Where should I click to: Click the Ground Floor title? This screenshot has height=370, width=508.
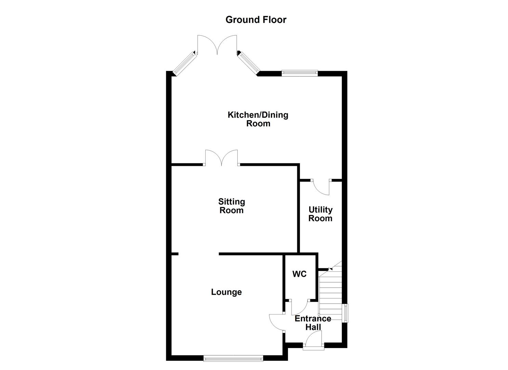pyautogui.click(x=256, y=20)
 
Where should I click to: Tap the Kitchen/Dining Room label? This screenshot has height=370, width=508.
pyautogui.click(x=258, y=119)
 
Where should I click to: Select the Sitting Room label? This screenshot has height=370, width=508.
pyautogui.click(x=232, y=206)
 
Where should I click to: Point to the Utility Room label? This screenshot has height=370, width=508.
pyautogui.click(x=320, y=214)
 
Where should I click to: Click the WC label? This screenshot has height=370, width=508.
pyautogui.click(x=299, y=274)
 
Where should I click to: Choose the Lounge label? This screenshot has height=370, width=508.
pyautogui.click(x=226, y=292)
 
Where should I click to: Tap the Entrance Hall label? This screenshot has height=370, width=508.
pyautogui.click(x=313, y=323)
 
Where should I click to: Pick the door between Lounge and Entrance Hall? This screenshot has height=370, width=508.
pyautogui.click(x=276, y=322)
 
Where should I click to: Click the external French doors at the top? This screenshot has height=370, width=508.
pyautogui.click(x=217, y=45)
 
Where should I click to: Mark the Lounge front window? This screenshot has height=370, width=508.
pyautogui.click(x=233, y=358)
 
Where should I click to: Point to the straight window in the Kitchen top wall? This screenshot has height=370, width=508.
pyautogui.click(x=300, y=73)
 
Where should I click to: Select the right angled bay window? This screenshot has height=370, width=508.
pyautogui.click(x=248, y=62)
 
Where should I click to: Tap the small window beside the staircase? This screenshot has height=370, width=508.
pyautogui.click(x=346, y=313)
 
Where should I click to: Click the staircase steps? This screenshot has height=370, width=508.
pyautogui.click(x=330, y=291)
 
